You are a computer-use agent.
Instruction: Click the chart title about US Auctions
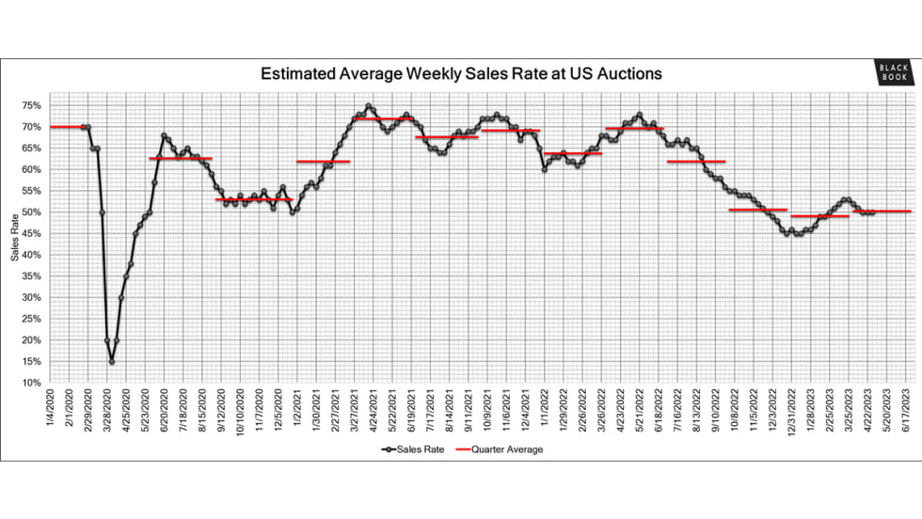[461, 73]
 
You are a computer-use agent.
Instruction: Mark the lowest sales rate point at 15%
[112, 362]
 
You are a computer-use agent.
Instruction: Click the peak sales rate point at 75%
[369, 105]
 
